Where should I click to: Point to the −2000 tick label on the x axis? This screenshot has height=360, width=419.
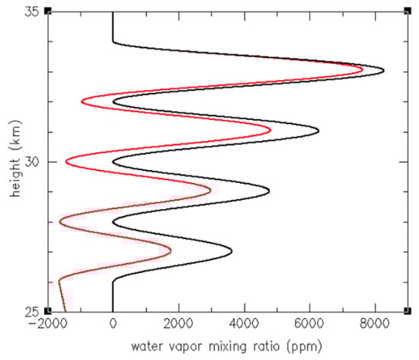tap(47, 324)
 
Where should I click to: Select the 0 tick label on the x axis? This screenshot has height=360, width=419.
tap(113, 324)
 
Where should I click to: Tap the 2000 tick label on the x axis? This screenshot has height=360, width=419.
tap(178, 324)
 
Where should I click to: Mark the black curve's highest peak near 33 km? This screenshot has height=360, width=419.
tap(383, 72)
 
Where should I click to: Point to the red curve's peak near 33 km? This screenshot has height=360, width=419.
tap(362, 69)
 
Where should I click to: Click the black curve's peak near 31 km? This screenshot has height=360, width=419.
tap(318, 131)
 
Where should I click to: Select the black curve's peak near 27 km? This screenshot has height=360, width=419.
tap(232, 250)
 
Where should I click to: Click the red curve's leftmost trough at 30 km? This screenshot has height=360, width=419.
tap(66, 161)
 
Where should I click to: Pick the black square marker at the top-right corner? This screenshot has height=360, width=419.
tap(408, 11)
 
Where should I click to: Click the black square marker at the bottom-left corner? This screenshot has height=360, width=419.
tap(48, 311)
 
